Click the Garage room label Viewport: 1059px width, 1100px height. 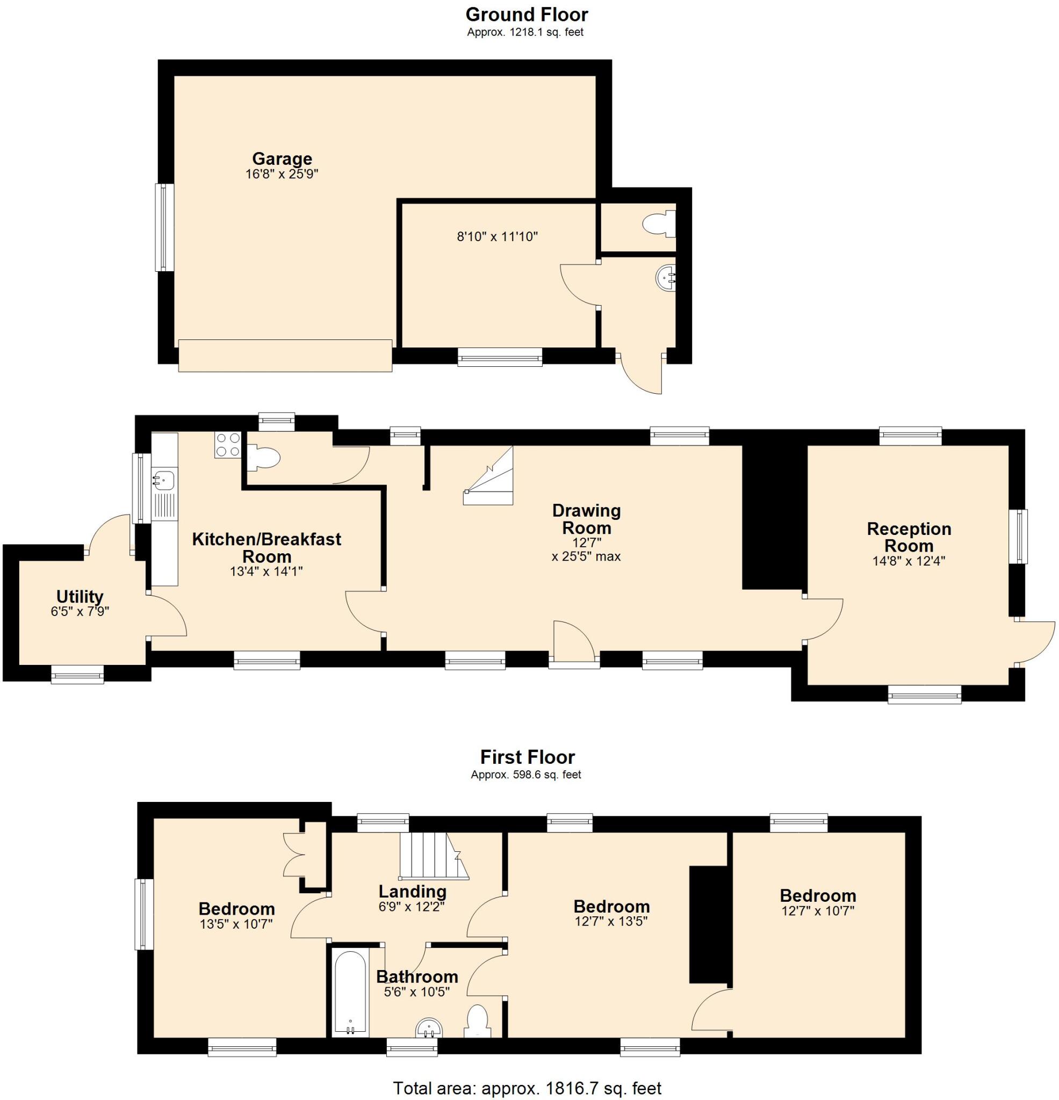[282, 158]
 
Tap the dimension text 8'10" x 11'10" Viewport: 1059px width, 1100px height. [497, 237]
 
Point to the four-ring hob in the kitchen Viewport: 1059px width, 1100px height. [227, 445]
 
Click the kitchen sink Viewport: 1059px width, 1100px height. [163, 480]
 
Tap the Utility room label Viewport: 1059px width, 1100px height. [80, 596]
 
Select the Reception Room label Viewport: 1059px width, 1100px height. [908, 537]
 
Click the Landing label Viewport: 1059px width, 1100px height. [412, 891]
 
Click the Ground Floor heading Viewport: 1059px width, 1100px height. [526, 14]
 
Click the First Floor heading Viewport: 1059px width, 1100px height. [527, 757]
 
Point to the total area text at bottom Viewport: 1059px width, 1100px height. [527, 1088]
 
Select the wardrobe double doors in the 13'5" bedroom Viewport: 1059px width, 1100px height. [294, 855]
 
